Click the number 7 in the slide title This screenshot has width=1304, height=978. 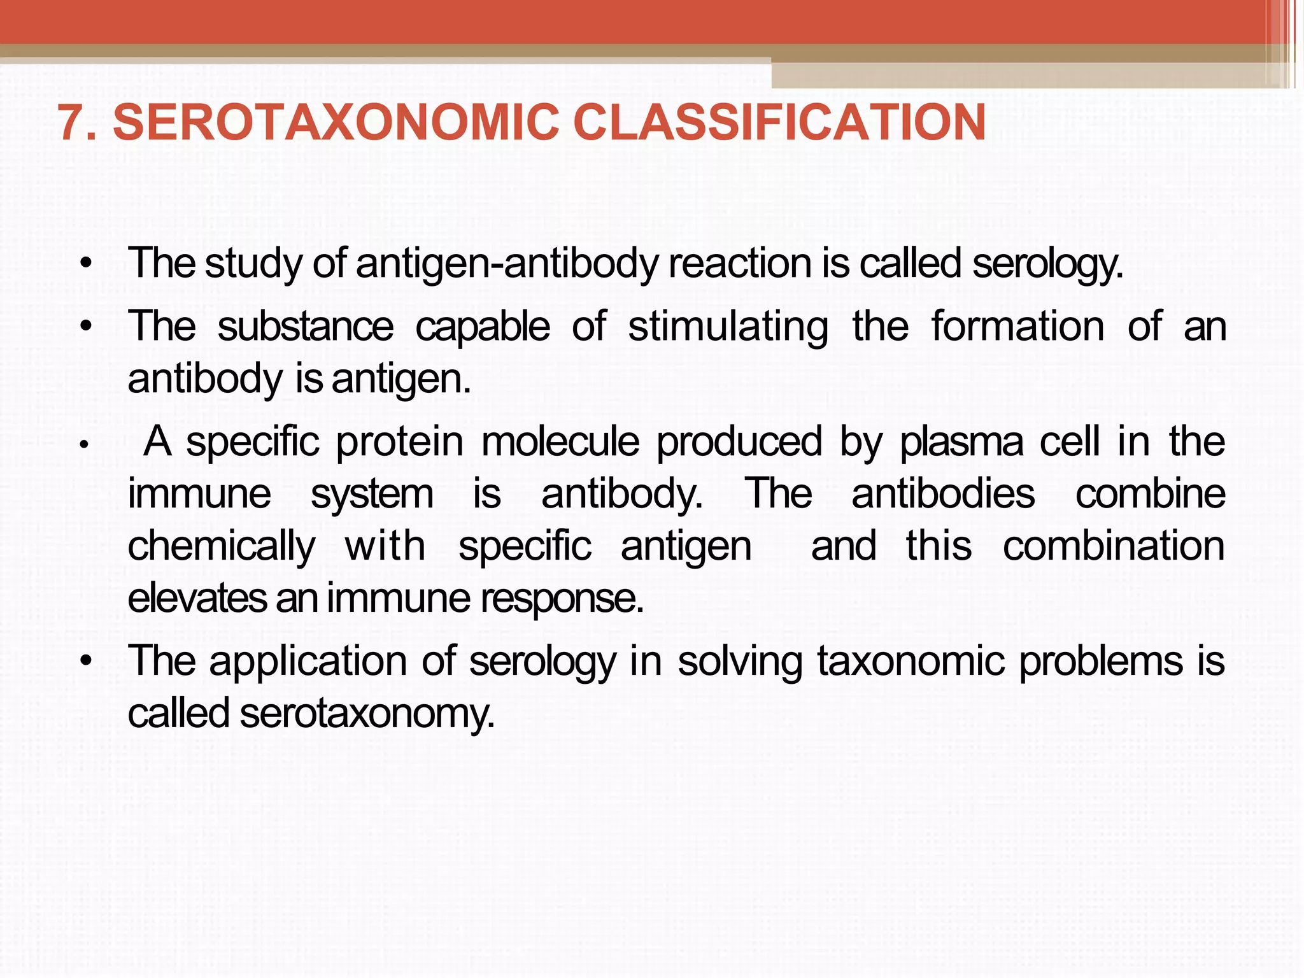[x=71, y=122]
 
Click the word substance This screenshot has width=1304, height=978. [x=306, y=327]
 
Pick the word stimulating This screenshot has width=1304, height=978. [x=728, y=327]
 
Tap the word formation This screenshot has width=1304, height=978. [x=1017, y=327]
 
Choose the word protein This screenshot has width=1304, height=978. [x=400, y=441]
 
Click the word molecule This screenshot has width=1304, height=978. [x=560, y=441]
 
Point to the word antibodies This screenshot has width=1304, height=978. [x=943, y=493]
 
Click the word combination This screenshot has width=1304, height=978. [x=1114, y=546]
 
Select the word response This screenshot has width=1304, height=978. [x=562, y=599]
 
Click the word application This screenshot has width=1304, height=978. [x=308, y=660]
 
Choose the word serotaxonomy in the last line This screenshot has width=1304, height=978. [x=367, y=714]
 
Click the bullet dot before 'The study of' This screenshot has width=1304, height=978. [x=87, y=264]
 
